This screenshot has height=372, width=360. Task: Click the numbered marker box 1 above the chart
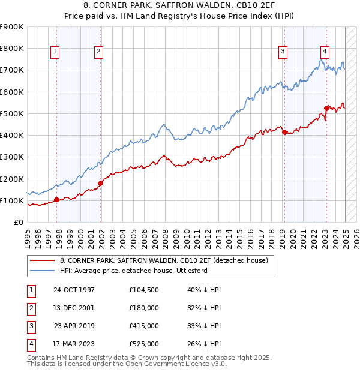55,52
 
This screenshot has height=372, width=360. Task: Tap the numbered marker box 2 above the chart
98,52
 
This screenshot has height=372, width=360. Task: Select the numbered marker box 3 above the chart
282,52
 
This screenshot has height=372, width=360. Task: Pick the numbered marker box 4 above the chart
324,52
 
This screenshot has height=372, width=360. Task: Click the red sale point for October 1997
56,200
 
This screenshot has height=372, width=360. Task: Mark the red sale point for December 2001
100,184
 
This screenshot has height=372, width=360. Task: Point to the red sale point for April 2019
284,133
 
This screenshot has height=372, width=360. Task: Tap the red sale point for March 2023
326,109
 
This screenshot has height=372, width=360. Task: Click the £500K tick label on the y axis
12,113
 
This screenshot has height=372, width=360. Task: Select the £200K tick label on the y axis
12,179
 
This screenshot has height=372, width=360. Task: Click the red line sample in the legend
43,260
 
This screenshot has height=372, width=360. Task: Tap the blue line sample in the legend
43,271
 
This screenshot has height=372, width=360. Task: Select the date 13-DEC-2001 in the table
74,308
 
